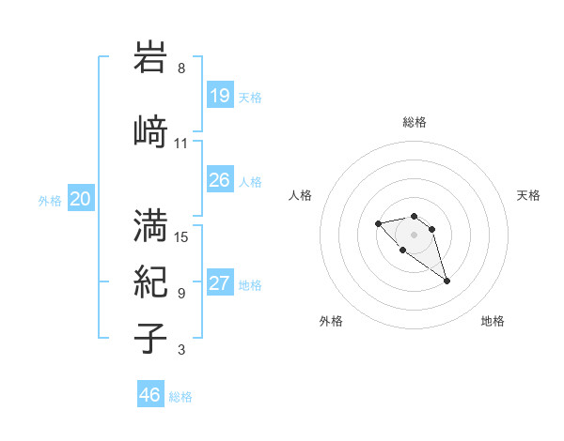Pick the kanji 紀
[151, 281]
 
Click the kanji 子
[151, 338]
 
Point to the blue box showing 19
[220, 96]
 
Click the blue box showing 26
[220, 180]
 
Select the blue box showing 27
[220, 284]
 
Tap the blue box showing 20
[81, 199]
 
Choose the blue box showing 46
[150, 396]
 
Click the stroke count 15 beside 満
[181, 236]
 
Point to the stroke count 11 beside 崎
[181, 144]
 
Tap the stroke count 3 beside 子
[181, 351]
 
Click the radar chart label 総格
[415, 122]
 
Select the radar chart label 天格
[528, 195]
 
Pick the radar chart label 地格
[493, 321]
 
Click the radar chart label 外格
[331, 321]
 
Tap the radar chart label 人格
[300, 195]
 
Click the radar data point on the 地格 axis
[446, 281]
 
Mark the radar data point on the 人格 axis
[378, 223]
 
